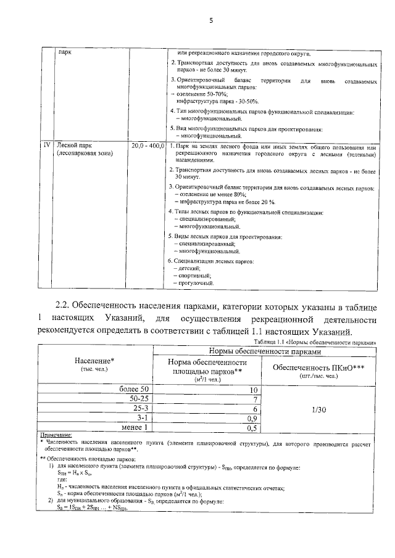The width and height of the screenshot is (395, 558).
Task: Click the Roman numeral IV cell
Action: click(46, 146)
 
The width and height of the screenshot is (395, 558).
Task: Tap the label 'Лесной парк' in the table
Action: click(74, 146)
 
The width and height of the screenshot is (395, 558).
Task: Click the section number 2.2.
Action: click(64, 305)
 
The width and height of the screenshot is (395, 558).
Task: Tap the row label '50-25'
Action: click(137, 398)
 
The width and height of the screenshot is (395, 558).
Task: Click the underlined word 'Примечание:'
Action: click(56, 435)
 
